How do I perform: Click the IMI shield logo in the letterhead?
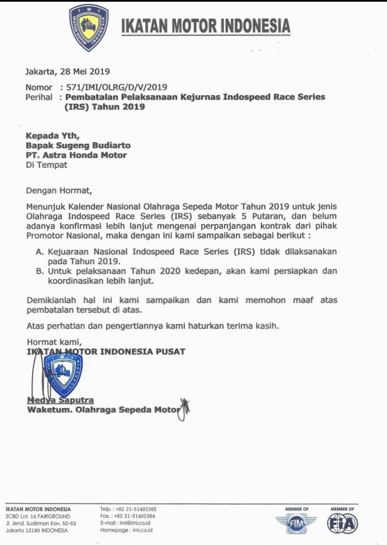coord(89,28)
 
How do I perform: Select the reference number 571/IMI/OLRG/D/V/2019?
coord(117,87)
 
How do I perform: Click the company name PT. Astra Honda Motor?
coord(76,155)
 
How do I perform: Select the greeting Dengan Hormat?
coord(58,190)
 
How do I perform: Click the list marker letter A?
coord(40,250)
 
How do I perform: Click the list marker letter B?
coord(40,271)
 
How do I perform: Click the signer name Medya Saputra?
coord(61,401)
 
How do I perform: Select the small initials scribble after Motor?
coord(183,409)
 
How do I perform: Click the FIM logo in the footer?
coord(296,524)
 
